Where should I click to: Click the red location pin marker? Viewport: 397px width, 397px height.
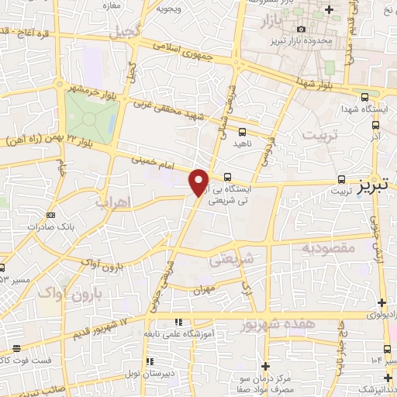pyautogui.click(x=199, y=181)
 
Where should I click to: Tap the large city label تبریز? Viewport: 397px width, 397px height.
pyautogui.click(x=376, y=187)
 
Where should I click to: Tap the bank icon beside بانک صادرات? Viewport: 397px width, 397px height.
pyautogui.click(x=51, y=215)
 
